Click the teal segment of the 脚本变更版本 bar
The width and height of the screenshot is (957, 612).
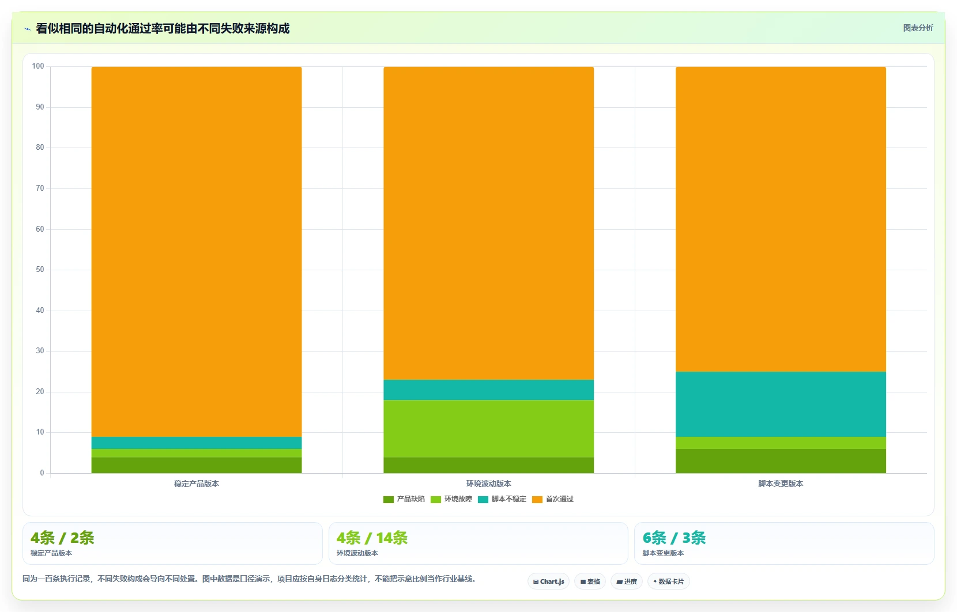tap(781, 404)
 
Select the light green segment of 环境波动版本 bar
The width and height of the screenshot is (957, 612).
tap(488, 429)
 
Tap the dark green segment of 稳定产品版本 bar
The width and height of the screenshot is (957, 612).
tap(197, 465)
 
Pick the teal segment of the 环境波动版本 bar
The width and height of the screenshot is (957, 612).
tap(488, 390)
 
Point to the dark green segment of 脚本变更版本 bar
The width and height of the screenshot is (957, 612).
tap(781, 461)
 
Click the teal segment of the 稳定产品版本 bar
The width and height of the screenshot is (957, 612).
tap(197, 443)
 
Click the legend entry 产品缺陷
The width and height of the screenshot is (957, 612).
tap(404, 499)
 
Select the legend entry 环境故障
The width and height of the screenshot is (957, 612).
tap(451, 499)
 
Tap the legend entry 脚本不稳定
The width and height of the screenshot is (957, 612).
tap(502, 499)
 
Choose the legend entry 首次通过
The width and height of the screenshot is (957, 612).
tap(553, 499)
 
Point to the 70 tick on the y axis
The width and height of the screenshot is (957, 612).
tap(40, 188)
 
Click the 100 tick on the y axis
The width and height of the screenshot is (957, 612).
tap(38, 66)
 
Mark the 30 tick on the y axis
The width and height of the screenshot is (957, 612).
tap(40, 351)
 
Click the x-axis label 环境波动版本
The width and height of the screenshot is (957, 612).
tap(488, 484)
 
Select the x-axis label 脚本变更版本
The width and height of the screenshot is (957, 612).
tap(781, 484)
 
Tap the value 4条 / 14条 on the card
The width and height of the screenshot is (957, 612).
tap(372, 538)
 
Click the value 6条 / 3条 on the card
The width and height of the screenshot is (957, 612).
tap(674, 538)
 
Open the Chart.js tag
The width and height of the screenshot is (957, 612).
tap(549, 581)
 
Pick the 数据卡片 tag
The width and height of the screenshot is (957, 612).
tap(668, 581)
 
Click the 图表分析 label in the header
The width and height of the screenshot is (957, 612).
tap(918, 28)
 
